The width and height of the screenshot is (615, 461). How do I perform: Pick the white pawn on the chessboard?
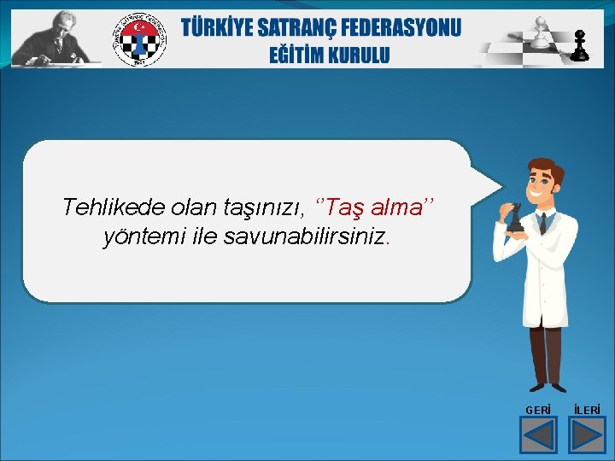539,32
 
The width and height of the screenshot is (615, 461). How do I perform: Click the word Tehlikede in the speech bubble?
114,207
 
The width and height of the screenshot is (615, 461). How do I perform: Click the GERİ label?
538,411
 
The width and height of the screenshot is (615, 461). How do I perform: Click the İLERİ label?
587,411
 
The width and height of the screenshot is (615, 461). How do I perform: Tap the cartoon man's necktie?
542,224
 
